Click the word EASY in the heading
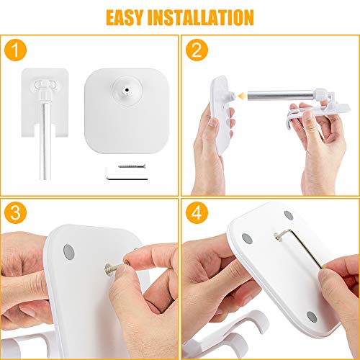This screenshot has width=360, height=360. pos(125,17)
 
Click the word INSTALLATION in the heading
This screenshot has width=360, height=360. pos(201,17)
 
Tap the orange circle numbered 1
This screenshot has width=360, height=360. pos(15,50)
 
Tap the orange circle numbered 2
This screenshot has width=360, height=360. pos(197,50)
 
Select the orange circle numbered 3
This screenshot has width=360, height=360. pos(15,213)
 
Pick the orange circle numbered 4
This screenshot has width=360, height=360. pos(197,213)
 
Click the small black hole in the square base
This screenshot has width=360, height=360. pos(127,90)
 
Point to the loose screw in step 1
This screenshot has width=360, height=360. pos(132,166)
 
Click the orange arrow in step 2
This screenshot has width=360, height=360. pos(243,96)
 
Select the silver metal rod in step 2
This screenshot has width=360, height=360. pos(281,96)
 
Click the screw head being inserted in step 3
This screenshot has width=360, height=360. pos(109,269)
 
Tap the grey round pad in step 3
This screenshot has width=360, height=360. pos(69,252)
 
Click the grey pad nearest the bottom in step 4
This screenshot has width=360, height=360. pos(312,317)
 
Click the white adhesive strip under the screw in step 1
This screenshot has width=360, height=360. pos(127,174)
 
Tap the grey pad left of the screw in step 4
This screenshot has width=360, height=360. pos(247,239)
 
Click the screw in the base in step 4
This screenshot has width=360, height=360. pos(279,236)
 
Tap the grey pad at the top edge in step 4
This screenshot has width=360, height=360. pos(289,215)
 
